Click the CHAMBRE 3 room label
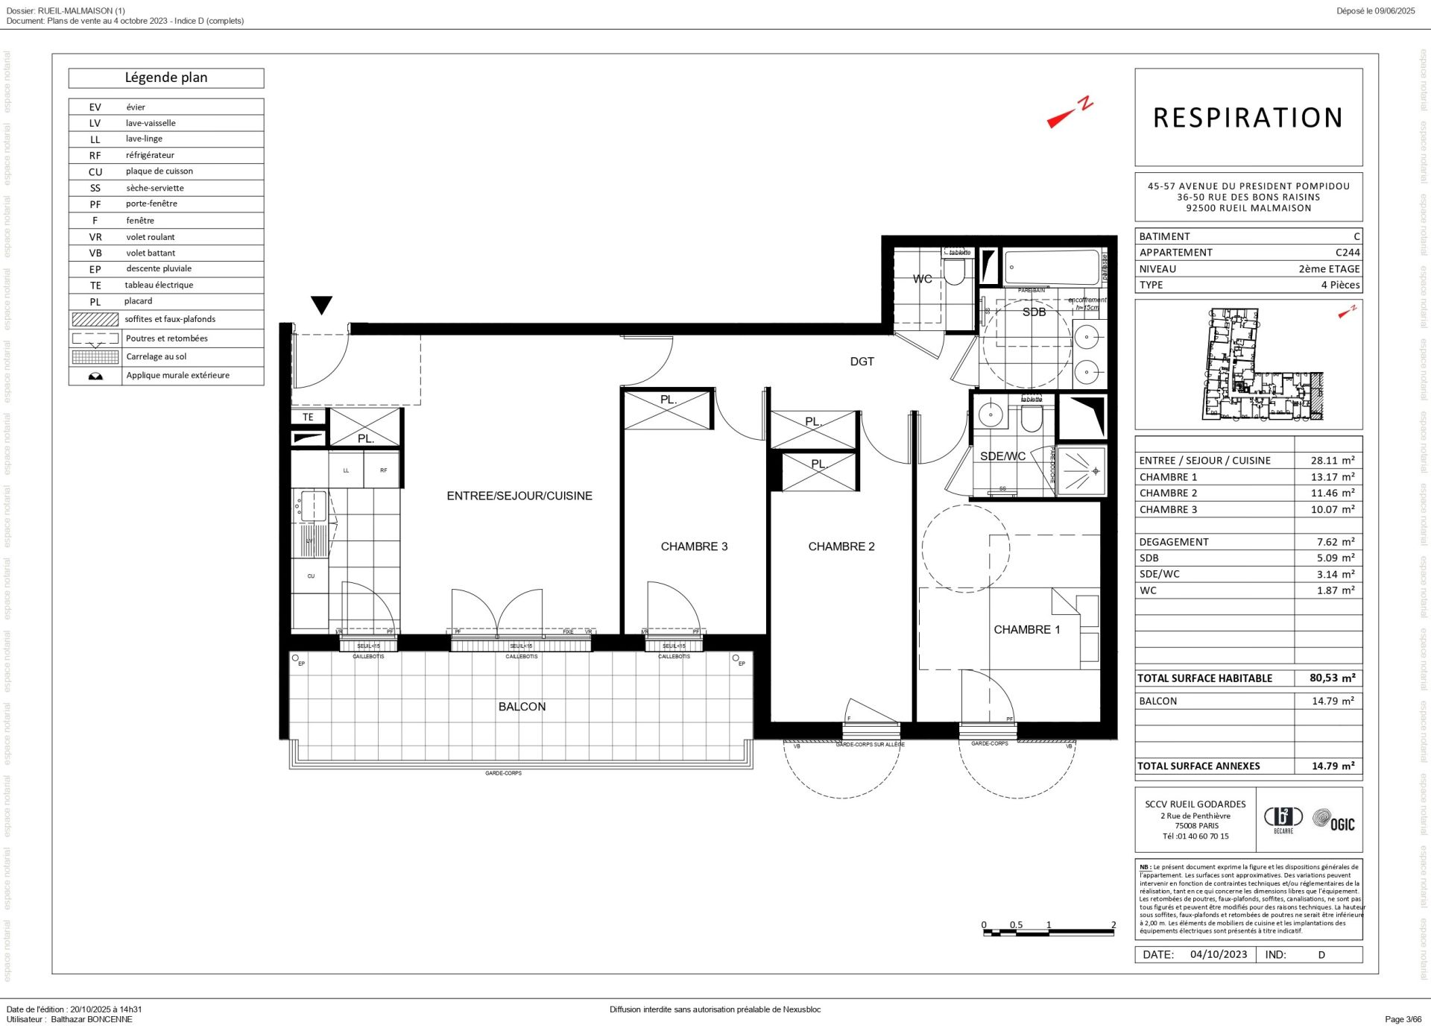click(693, 546)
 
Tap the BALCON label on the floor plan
click(522, 707)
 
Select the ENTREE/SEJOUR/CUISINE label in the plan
click(519, 496)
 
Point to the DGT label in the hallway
click(862, 362)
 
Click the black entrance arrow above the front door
click(321, 305)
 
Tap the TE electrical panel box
click(308, 417)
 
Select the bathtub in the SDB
click(1052, 268)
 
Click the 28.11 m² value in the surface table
click(1332, 461)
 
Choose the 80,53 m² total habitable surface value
click(1332, 678)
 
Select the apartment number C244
click(1347, 253)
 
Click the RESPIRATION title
click(1248, 118)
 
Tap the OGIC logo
click(1333, 821)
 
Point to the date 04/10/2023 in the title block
click(1218, 954)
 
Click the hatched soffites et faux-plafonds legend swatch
click(95, 319)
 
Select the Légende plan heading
click(166, 78)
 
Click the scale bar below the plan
click(1049, 930)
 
